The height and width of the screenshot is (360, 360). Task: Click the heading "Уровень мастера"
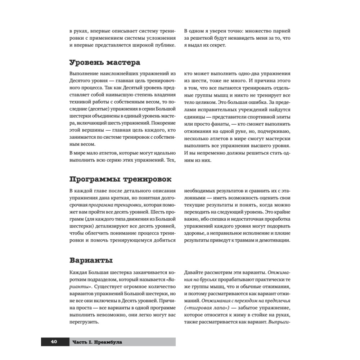coord(104,62)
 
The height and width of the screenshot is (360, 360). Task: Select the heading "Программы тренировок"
coord(120,179)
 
